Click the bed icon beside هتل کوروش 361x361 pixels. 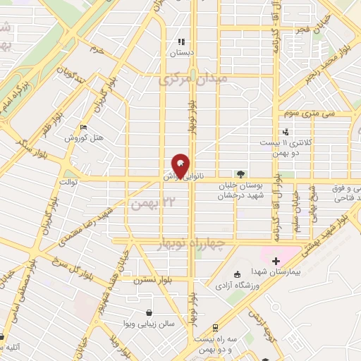coord(84,127)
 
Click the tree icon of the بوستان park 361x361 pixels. coord(241,173)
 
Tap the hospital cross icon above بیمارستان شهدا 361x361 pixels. coord(276,261)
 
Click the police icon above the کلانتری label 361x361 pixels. coord(286,131)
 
